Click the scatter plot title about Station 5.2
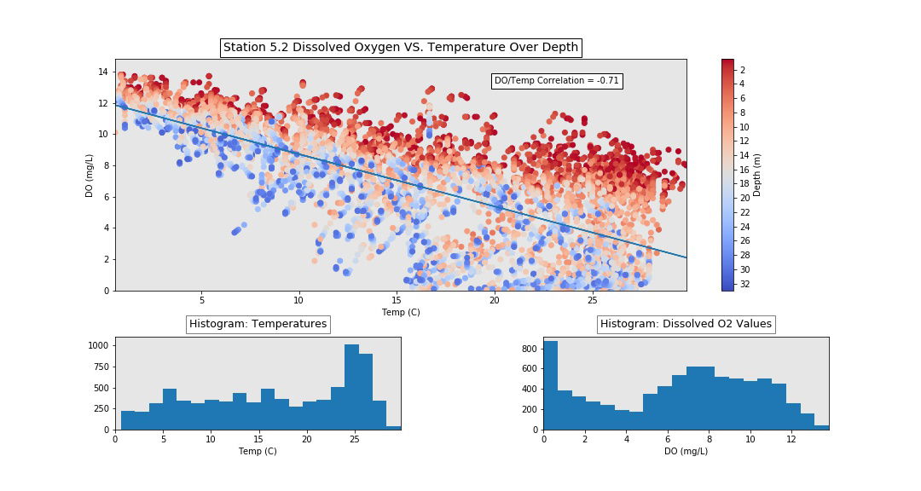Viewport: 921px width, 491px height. tap(401, 48)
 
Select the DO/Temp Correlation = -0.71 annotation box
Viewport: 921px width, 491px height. tap(557, 80)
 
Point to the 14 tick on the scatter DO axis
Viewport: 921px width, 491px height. tap(103, 72)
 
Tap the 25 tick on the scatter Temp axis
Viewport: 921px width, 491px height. tap(592, 300)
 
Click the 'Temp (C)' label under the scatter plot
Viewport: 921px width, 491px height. tap(401, 312)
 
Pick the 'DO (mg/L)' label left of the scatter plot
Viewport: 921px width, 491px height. tap(90, 176)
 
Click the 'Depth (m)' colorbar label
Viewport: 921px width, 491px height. tap(757, 175)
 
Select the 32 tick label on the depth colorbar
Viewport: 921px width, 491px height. tap(744, 284)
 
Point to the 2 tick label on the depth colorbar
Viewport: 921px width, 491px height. tap(743, 70)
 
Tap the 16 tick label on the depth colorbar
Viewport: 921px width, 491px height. tap(744, 170)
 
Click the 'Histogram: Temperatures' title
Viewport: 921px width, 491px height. tap(258, 324)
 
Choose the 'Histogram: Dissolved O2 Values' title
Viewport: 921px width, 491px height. tap(686, 324)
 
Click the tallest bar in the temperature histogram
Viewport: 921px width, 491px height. tap(352, 387)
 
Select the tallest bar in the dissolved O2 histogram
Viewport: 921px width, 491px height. tap(550, 385)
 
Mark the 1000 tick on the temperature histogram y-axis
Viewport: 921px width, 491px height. tap(98, 345)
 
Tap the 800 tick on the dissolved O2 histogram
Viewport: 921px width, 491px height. tap(530, 349)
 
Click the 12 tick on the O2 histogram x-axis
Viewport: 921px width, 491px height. tap(791, 439)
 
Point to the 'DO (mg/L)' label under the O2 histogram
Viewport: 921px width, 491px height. tap(686, 451)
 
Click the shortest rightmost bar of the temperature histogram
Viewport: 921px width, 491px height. tap(393, 428)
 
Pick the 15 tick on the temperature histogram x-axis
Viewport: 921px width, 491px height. tap(258, 439)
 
